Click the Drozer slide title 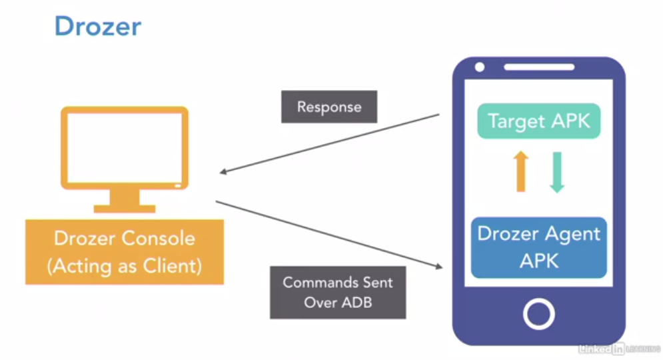[97, 27]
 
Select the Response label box [329, 107]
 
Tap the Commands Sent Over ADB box [338, 292]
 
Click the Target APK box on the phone [538, 121]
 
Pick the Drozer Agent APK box [538, 247]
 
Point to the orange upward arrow [521, 171]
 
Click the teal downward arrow [556, 171]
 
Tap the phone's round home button [538, 312]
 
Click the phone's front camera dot [479, 67]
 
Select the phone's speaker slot [538, 67]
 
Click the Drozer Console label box [125, 252]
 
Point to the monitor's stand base [125, 208]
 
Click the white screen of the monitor [125, 147]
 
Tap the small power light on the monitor [177, 183]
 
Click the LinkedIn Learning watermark [618, 348]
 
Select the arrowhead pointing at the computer [224, 173]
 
